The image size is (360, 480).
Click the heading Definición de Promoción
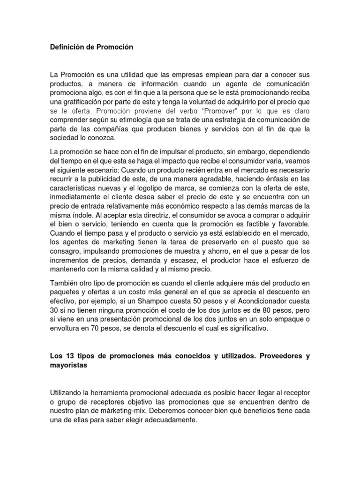click(91, 47)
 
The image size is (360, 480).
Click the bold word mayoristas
click(68, 365)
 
